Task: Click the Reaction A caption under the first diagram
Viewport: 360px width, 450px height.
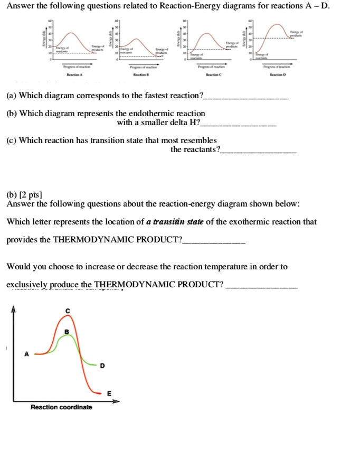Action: click(x=74, y=76)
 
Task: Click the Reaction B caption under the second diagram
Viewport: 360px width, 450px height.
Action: click(x=141, y=76)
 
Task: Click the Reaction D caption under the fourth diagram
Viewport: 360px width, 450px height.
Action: click(x=277, y=76)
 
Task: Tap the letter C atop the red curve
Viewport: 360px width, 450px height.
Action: click(x=67, y=310)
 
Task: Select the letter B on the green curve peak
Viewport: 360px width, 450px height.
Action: click(x=66, y=331)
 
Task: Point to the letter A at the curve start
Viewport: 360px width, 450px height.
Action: click(x=27, y=354)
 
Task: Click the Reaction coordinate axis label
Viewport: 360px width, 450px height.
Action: click(x=61, y=407)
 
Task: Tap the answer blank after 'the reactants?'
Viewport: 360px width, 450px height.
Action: click(x=259, y=152)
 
